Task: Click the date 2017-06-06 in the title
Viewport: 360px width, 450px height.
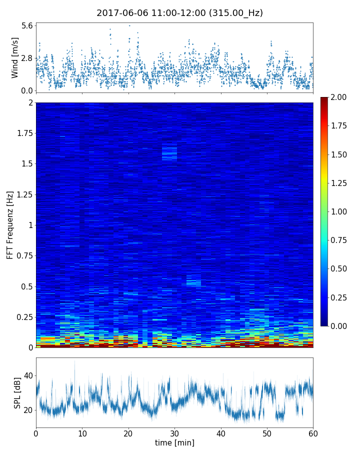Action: [120, 13]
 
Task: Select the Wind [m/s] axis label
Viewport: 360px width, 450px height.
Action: [15, 58]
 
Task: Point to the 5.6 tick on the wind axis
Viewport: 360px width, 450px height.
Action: [27, 25]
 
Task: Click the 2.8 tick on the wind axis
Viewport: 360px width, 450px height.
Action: [27, 58]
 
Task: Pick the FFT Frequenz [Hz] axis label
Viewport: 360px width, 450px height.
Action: [10, 224]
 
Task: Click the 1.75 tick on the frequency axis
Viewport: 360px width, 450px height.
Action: [23, 133]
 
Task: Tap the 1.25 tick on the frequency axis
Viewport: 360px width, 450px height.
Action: [23, 194]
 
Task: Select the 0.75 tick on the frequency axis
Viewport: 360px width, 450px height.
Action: [23, 255]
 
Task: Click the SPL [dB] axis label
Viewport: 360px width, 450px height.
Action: [17, 392]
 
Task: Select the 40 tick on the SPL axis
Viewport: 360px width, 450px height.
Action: [28, 375]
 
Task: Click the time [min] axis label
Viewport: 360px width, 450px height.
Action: [174, 442]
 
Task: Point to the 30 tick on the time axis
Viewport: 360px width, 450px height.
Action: [174, 432]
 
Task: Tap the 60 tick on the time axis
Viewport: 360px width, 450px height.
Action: [313, 432]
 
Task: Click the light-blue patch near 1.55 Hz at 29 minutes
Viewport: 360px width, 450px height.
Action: [169, 152]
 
